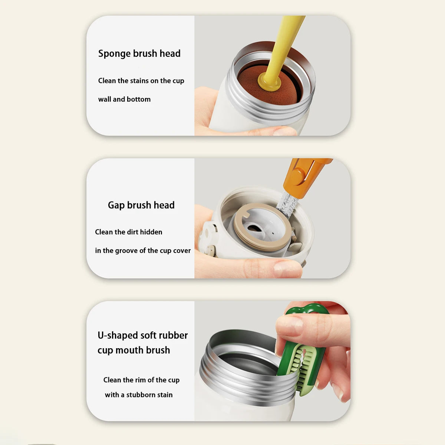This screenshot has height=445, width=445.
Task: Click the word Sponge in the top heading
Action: tap(114, 53)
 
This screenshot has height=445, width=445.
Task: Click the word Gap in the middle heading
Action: tap(116, 205)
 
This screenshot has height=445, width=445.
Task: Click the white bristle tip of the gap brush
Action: tap(287, 205)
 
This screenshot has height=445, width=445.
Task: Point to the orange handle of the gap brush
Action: tap(303, 175)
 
